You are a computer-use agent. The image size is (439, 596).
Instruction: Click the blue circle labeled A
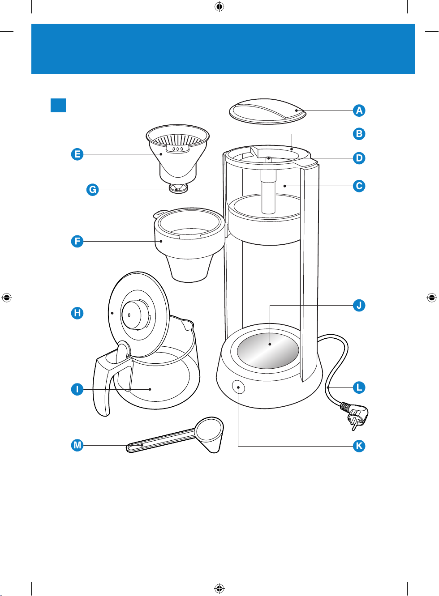point(359,111)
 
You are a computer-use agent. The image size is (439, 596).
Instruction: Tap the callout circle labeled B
point(359,134)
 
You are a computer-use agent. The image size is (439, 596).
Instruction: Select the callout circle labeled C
point(359,186)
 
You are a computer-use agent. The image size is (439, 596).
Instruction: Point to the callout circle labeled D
point(359,158)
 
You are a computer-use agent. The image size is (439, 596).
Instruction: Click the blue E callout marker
point(77,154)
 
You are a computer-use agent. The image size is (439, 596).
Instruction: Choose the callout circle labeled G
point(92,190)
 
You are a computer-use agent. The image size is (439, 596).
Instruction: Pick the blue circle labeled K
point(359,446)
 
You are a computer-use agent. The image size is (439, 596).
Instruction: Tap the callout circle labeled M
point(77,445)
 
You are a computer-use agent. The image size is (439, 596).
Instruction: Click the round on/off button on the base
point(238,387)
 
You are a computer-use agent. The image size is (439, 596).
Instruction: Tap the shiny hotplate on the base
point(268,350)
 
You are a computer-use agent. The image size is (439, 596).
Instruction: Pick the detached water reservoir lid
point(267,111)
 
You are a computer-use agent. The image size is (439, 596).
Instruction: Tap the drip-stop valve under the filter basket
point(178,188)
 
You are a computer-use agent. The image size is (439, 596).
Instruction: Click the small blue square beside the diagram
point(58,105)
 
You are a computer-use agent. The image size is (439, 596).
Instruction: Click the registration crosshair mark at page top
point(219,7)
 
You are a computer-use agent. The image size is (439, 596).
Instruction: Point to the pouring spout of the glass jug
point(189,324)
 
